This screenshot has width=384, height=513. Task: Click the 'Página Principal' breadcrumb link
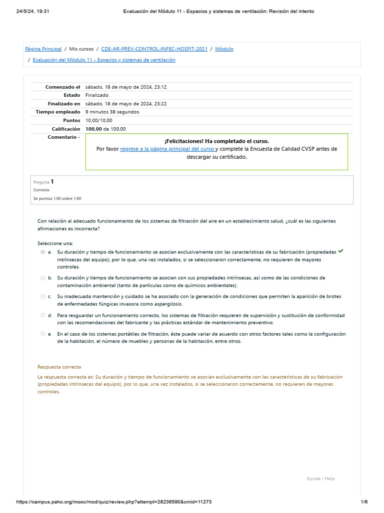coord(43,49)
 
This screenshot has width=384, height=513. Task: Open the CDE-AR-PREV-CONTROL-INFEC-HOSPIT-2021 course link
coord(154,49)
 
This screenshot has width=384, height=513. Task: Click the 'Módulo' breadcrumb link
coord(224,49)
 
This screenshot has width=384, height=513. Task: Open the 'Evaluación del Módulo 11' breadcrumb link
coord(104,60)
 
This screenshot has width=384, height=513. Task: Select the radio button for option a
coord(42,252)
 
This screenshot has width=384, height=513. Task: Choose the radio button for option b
coord(42,278)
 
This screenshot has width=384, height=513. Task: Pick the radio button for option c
coord(42,297)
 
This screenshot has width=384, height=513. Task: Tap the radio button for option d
coord(42,316)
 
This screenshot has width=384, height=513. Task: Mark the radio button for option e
coord(42,334)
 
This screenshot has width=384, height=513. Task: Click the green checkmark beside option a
coord(340,251)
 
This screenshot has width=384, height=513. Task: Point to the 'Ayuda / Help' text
coord(320,479)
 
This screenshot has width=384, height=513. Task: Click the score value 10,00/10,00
coord(98,120)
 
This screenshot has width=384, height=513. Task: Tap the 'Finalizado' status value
coord(97,95)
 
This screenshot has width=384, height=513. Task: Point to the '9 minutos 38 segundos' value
coord(112,112)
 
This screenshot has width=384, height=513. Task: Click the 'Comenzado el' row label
coord(62,87)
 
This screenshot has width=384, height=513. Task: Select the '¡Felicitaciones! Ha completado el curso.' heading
coord(216,141)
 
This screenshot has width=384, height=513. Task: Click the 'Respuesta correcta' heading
coord(59,367)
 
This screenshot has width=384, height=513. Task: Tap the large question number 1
coord(52,182)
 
